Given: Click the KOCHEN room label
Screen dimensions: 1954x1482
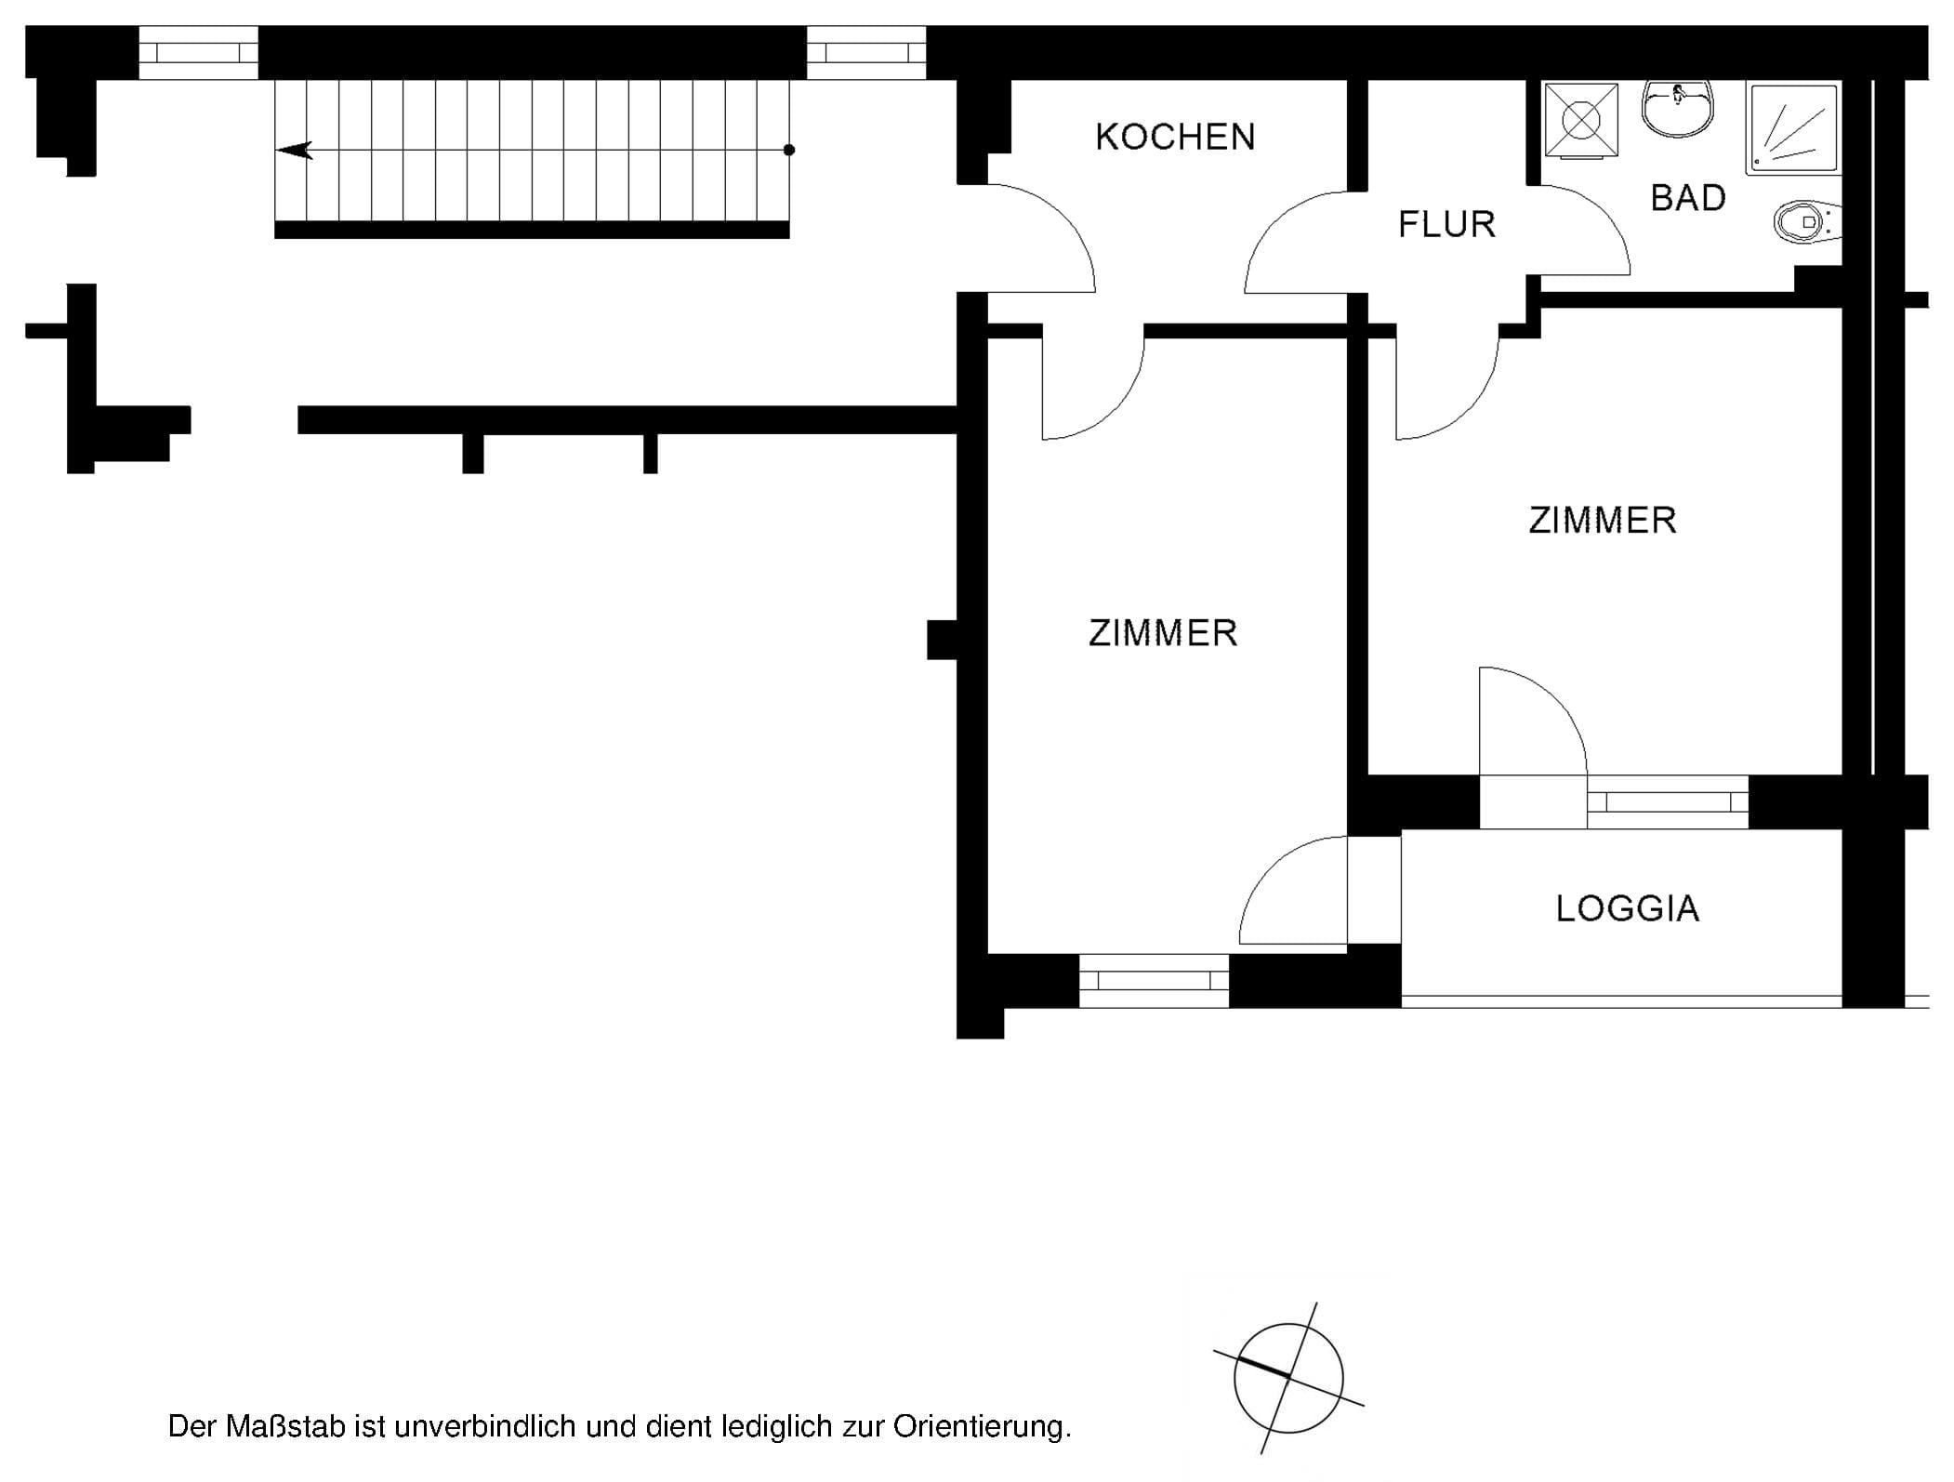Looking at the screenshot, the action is tap(1175, 137).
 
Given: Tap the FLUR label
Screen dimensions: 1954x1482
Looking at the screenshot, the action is tap(1446, 224).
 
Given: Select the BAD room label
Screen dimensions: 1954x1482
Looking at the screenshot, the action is tap(1688, 198).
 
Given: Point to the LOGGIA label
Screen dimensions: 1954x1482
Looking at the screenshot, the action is tap(1627, 908).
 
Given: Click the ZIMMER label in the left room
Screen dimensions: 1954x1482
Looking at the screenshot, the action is tap(1163, 633).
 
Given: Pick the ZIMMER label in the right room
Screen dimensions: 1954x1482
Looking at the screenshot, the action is tap(1603, 520).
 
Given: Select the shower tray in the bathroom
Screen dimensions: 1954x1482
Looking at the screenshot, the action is tap(1794, 128).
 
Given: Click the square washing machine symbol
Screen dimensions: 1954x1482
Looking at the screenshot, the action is tap(1579, 121).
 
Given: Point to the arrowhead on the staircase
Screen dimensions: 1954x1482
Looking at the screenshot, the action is tap(295, 150).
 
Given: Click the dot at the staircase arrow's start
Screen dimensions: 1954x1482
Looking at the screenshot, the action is tap(789, 150).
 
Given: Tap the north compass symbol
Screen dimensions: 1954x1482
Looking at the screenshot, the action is tap(1288, 1379).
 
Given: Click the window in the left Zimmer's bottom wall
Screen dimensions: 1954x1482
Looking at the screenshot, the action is tap(1154, 981).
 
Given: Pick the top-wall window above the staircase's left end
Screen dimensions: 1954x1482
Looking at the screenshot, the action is tap(198, 52).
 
